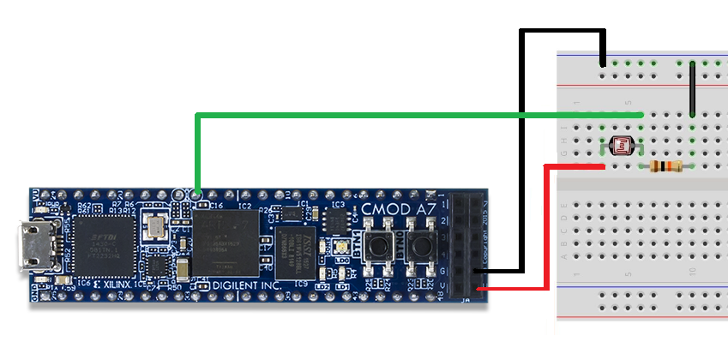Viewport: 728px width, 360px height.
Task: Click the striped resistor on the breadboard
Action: [x=665, y=165]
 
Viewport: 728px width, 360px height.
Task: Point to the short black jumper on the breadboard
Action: [x=692, y=88]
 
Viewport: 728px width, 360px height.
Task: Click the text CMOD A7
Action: [x=395, y=208]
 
